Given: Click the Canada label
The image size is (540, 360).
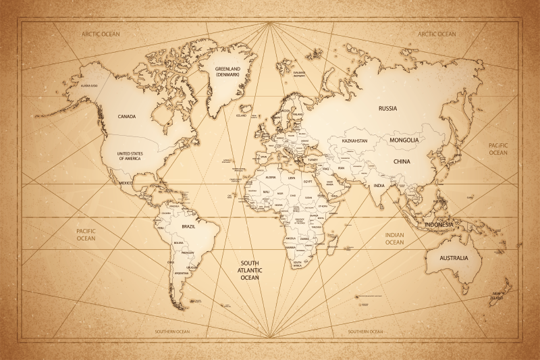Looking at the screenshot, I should tap(127, 116).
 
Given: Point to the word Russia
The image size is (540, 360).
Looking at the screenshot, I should tap(387, 108).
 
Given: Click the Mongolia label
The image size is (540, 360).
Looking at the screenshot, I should tap(404, 140).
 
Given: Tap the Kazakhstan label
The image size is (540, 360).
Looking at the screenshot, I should tap(355, 140).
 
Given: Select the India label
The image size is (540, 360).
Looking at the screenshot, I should tap(380, 185).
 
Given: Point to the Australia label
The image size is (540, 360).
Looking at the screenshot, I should tap(454, 258).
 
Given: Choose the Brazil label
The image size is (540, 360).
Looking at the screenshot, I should tap(189, 226).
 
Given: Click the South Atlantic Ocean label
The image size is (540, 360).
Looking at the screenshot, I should tap(250, 270).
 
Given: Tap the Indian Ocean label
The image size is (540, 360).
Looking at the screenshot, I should tap(394, 238).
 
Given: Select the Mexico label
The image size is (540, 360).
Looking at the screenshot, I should tap(126, 182).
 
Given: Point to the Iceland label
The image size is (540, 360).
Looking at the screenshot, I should tap(241, 115).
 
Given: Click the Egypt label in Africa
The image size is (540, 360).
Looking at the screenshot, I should tap(308, 182).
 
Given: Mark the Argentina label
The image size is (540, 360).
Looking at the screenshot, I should tap(181, 273).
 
